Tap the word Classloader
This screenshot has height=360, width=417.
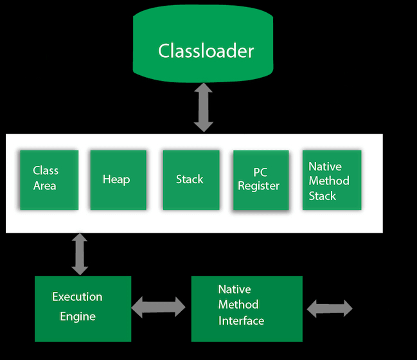click(x=206, y=51)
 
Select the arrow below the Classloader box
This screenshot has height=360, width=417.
click(x=204, y=107)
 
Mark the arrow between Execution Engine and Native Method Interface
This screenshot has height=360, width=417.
click(x=158, y=307)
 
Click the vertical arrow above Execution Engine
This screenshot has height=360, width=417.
click(x=80, y=255)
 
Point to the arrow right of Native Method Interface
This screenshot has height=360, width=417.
click(x=330, y=309)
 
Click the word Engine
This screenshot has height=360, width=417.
click(x=78, y=316)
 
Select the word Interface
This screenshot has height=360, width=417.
click(x=241, y=320)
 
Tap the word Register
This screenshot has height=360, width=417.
click(x=258, y=186)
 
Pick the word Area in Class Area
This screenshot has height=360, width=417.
click(x=45, y=186)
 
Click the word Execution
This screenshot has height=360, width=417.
click(x=77, y=297)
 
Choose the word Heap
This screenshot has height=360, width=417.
click(x=116, y=179)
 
